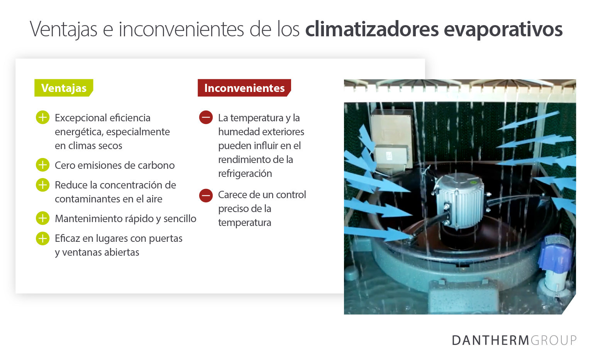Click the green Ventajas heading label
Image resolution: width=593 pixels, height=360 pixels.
(64, 88)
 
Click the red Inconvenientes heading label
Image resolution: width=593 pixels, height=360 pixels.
(244, 88)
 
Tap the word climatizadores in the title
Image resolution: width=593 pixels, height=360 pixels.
(372, 29)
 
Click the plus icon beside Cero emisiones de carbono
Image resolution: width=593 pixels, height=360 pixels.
(42, 165)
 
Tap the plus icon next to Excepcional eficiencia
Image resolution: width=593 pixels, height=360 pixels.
(42, 117)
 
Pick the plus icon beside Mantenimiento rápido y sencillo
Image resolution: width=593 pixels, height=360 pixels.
(42, 218)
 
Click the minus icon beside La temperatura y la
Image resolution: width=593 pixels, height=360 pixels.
(206, 117)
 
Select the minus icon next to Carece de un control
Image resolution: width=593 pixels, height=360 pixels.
(206, 195)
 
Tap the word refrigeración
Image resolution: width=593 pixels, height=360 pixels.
(245, 174)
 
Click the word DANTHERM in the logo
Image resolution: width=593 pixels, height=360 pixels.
(490, 340)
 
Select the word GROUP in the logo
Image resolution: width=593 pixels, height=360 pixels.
(554, 340)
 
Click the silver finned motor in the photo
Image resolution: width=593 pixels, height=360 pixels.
(459, 201)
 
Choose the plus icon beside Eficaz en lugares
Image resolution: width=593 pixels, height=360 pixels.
(42, 238)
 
